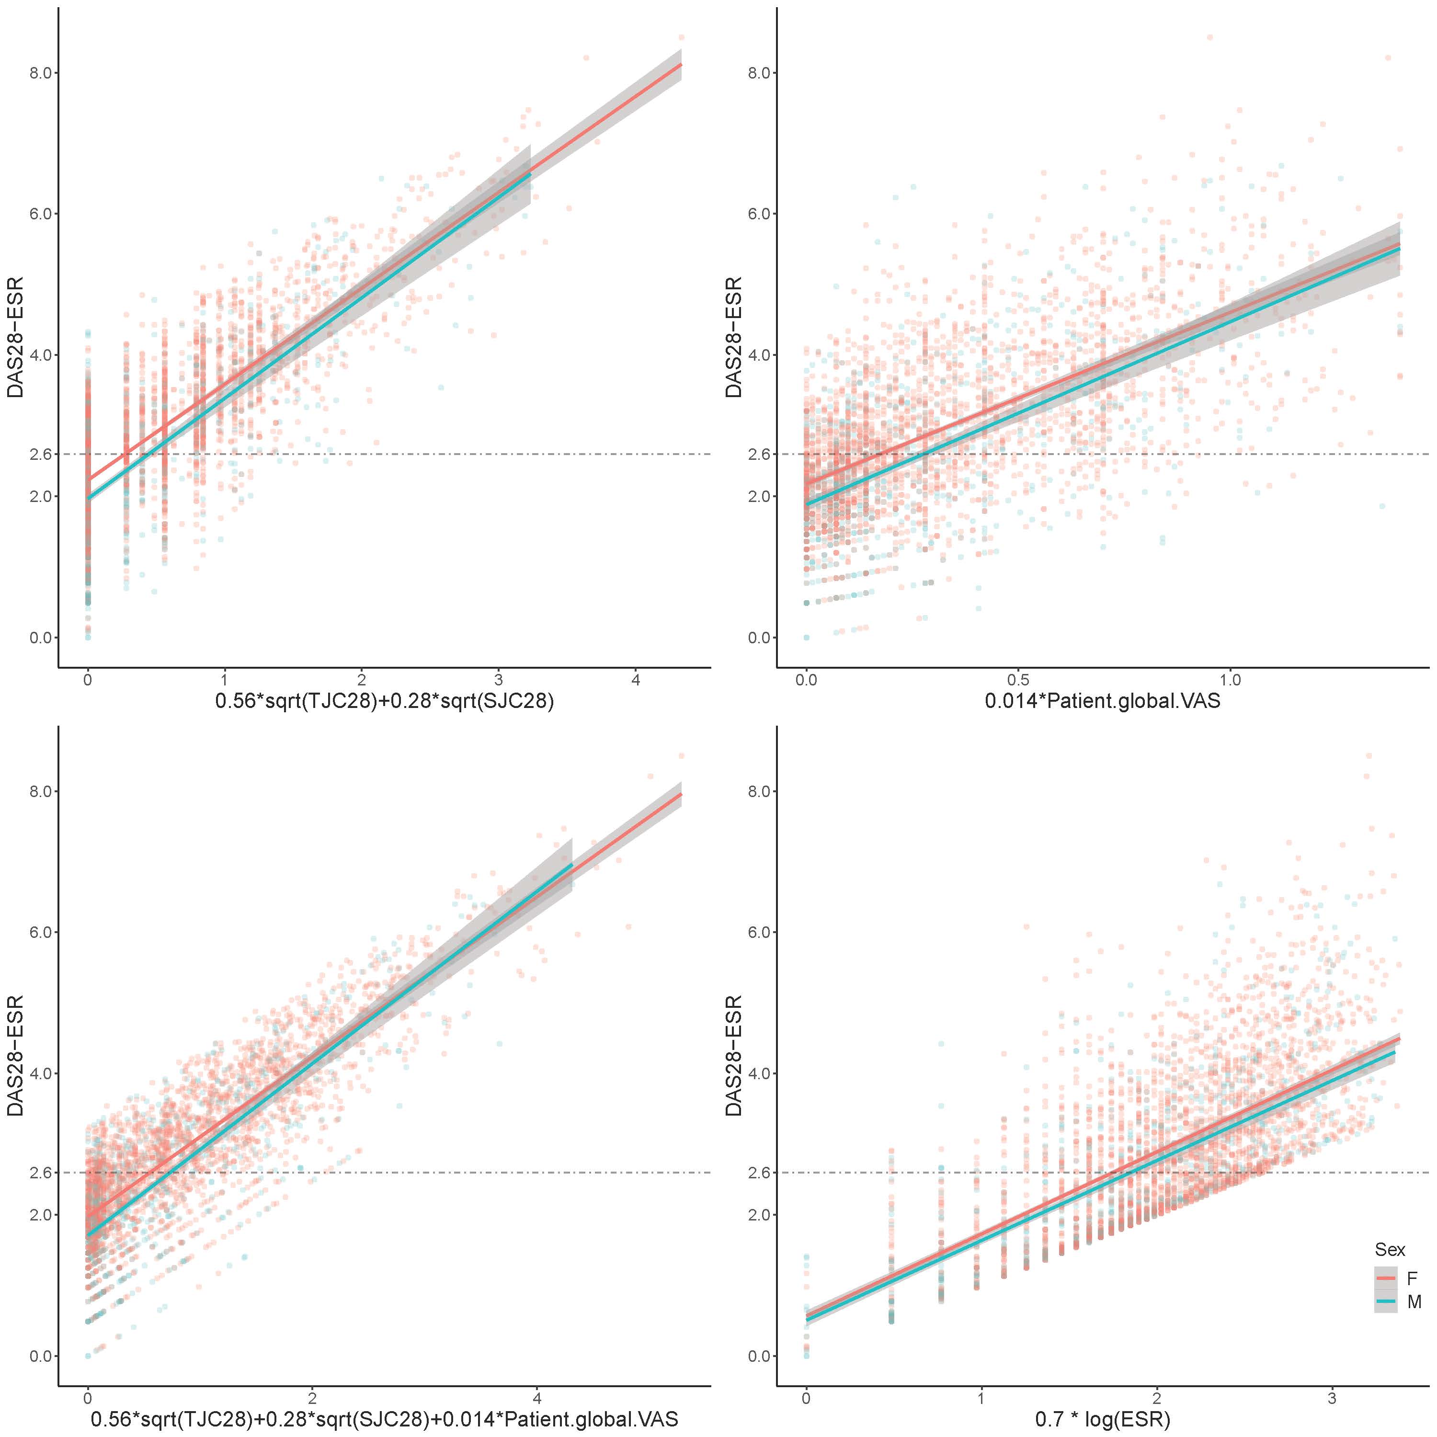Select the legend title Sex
(1390, 1250)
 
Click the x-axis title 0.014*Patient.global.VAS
(1102, 701)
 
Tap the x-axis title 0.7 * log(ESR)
(1102, 1419)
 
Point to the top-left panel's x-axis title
(385, 701)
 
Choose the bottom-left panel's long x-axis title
(385, 1419)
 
